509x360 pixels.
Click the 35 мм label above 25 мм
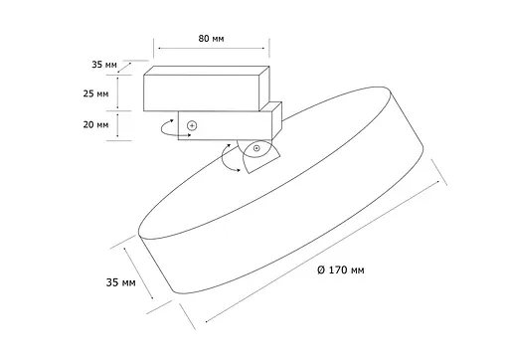[103, 66]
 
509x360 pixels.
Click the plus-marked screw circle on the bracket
[191, 125]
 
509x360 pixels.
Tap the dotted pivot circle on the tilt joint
[255, 148]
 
